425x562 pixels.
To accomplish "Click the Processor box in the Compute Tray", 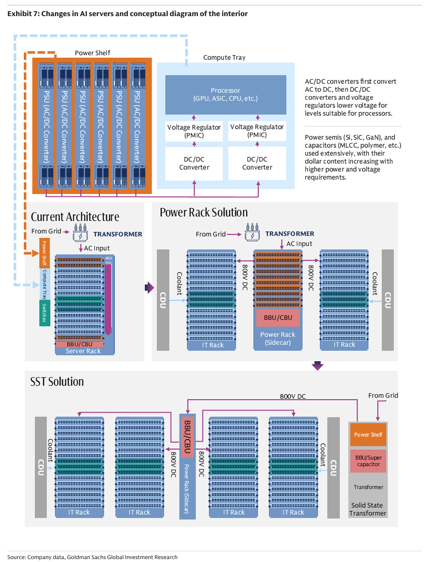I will point(225,95).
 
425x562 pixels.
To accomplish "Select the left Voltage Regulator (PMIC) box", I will point(194,131).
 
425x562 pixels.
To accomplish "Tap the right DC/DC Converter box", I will point(257,163).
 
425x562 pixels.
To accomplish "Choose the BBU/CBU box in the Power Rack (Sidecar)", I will point(277,318).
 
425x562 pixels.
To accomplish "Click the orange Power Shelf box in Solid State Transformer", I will point(368,435).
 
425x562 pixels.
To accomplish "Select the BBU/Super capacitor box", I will point(368,461).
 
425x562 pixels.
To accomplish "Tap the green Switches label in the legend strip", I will point(44,312).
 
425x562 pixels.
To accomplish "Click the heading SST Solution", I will point(57,381).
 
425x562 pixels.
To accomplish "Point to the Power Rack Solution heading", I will point(204,212).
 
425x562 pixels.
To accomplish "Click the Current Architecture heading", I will point(75,217).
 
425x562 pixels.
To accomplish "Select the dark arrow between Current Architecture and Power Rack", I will point(149,288).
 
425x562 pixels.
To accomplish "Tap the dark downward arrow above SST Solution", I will point(318,365).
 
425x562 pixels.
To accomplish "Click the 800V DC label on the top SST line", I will point(292,397).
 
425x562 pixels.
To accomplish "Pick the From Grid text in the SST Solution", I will point(383,396).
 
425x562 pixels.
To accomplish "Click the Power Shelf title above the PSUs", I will point(92,53).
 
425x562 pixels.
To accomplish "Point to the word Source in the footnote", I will point(16,557).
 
